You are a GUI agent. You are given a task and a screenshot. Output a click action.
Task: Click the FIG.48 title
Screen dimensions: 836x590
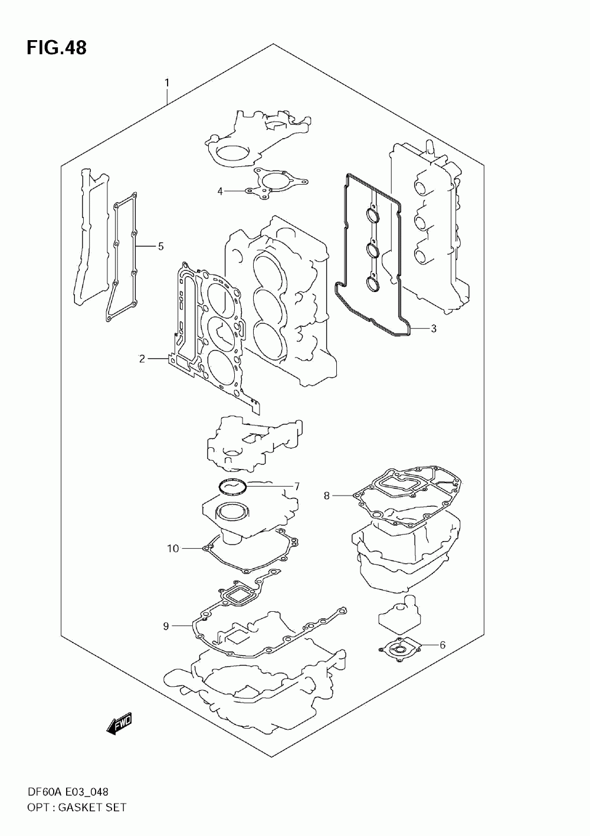[56, 47]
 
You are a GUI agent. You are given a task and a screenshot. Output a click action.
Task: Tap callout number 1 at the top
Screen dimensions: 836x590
[167, 83]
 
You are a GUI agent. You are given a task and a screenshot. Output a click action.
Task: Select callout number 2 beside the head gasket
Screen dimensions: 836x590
[142, 358]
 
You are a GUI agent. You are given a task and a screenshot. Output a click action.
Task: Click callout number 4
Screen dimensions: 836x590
[160, 246]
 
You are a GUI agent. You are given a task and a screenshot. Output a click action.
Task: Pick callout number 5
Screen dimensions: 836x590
[442, 644]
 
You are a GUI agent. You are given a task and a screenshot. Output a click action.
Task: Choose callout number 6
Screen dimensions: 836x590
[297, 486]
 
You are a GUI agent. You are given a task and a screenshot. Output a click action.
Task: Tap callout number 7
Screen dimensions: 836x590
[326, 496]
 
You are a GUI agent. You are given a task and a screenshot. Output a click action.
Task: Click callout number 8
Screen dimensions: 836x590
[166, 625]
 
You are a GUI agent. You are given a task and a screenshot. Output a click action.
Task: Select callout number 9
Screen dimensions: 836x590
[172, 549]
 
